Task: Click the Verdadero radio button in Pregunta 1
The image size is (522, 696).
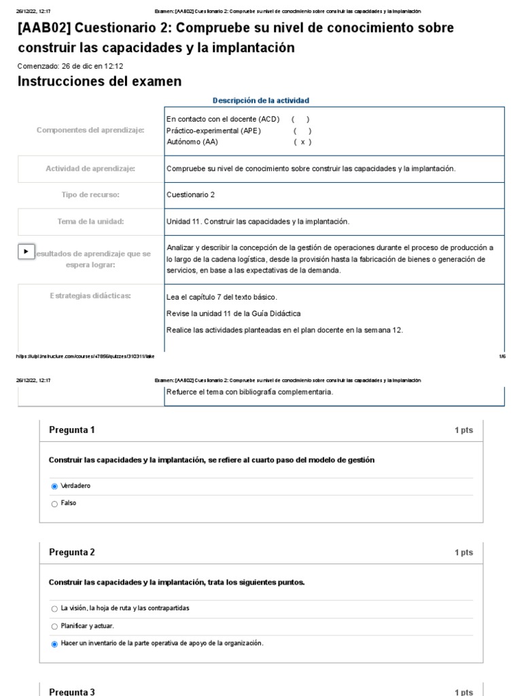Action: (54, 487)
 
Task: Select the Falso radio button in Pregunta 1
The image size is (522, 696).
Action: (54, 504)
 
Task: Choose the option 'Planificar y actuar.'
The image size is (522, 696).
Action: (54, 626)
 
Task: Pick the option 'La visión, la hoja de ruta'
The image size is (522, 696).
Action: (54, 608)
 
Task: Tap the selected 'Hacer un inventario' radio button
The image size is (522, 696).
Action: (54, 644)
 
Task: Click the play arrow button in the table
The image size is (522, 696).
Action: (26, 251)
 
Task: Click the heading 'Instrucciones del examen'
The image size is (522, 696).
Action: (99, 82)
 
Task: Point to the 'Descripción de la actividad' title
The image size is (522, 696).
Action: (260, 101)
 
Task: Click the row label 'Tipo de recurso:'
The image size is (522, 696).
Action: (90, 195)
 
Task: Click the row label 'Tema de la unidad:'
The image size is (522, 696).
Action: (90, 222)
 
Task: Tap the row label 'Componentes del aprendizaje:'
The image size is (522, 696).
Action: (90, 130)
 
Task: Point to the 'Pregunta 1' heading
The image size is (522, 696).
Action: (72, 430)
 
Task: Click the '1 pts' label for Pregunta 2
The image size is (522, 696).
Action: (464, 553)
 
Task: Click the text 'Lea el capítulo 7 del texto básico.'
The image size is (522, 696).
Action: (222, 297)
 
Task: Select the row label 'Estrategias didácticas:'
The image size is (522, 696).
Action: (90, 295)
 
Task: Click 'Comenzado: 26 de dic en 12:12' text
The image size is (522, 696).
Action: (70, 66)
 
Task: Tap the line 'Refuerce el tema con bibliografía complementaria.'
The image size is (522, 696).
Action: (249, 392)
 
